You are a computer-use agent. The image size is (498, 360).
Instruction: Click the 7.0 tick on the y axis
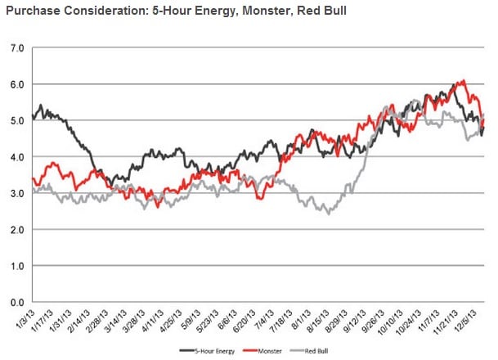[15, 47]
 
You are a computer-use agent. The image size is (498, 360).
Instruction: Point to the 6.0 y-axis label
[15, 84]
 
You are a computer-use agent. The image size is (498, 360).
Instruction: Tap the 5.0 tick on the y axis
[15, 120]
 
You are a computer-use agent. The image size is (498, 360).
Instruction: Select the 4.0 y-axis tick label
[15, 157]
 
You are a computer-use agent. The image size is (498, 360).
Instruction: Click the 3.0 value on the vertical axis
[15, 193]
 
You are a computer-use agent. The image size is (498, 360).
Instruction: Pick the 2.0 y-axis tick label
[15, 230]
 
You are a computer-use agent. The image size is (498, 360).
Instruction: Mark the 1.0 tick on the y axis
[15, 266]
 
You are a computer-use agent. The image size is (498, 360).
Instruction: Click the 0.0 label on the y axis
[15, 303]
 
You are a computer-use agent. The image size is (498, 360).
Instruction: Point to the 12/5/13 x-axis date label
[474, 319]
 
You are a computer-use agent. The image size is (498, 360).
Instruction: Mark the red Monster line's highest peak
[464, 81]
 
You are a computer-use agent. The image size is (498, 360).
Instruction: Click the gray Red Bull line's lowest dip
[329, 213]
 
